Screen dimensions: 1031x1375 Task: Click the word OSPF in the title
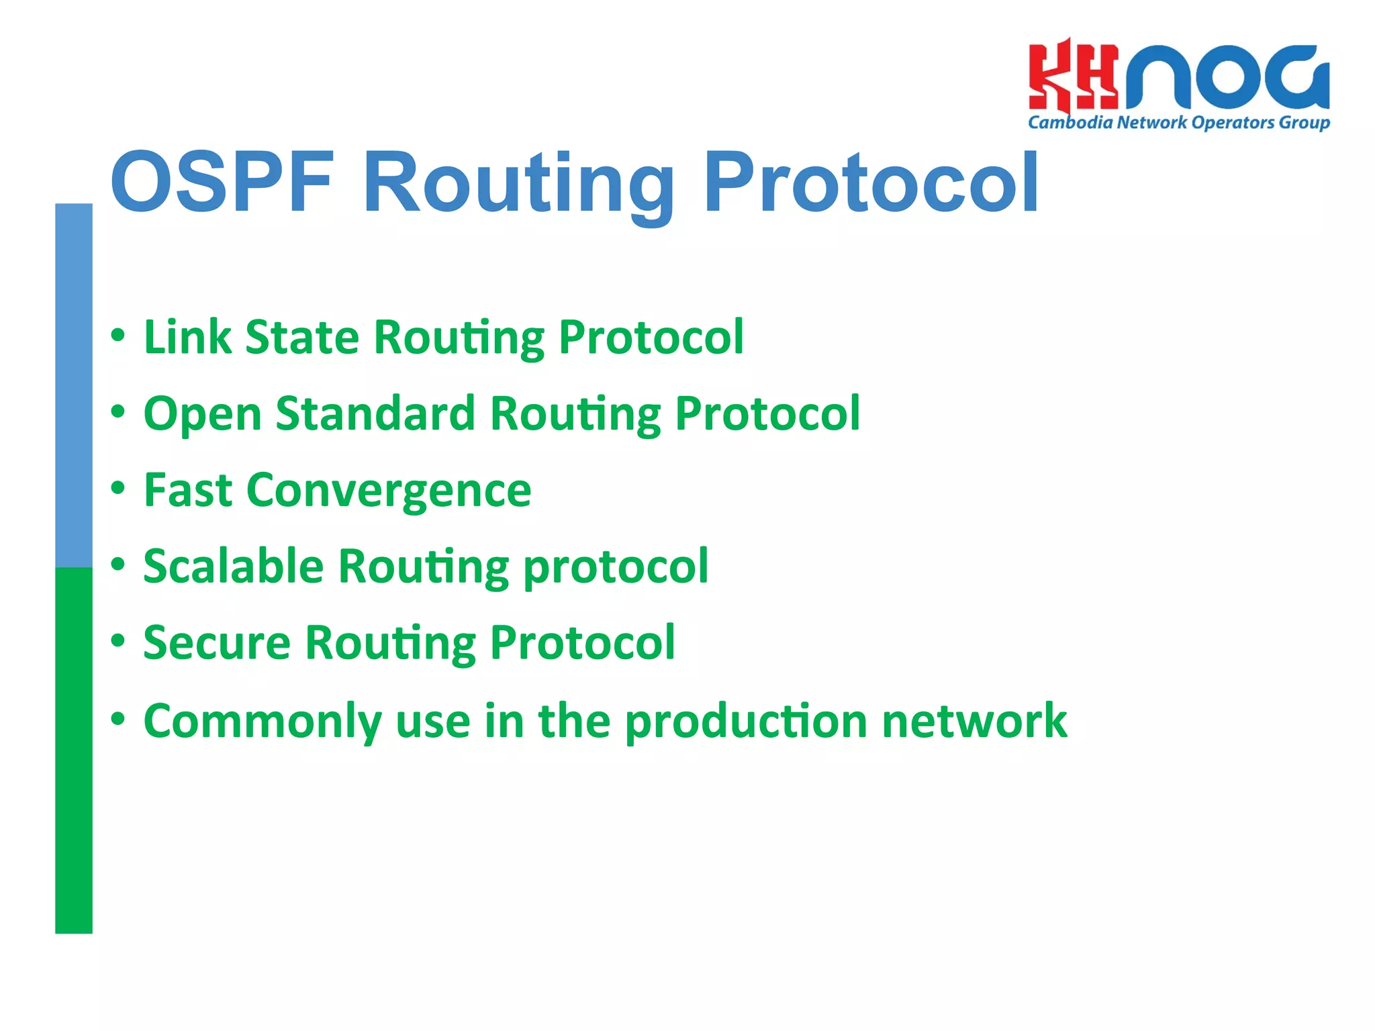(x=222, y=183)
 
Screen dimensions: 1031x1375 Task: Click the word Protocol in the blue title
(x=871, y=183)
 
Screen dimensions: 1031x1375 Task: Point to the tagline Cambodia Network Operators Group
(x=1178, y=123)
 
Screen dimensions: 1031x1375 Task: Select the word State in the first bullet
(x=302, y=337)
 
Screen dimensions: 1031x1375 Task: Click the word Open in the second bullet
(x=202, y=414)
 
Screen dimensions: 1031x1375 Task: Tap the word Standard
(x=375, y=413)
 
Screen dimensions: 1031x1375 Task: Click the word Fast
(x=187, y=490)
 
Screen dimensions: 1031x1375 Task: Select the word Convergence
(x=389, y=491)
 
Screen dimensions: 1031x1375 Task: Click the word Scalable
(x=234, y=567)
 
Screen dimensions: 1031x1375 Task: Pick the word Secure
(x=217, y=643)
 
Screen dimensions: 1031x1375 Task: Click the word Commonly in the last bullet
(x=263, y=722)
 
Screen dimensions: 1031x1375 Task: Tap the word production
(x=746, y=722)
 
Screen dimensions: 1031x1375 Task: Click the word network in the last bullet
(x=974, y=721)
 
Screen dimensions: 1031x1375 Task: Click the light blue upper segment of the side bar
(x=74, y=386)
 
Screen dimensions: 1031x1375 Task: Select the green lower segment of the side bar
(x=74, y=750)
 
